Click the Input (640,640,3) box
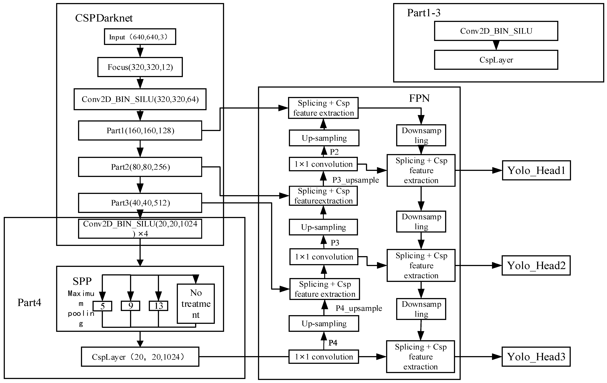(140, 37)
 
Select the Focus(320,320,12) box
(140, 67)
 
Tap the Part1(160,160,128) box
(140, 131)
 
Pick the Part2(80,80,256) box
(140, 167)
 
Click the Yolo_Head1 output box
(536, 170)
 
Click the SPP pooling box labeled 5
(102, 306)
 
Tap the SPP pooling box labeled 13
(158, 306)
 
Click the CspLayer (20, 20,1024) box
(140, 357)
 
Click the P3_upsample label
(355, 180)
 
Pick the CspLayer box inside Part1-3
(496, 60)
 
